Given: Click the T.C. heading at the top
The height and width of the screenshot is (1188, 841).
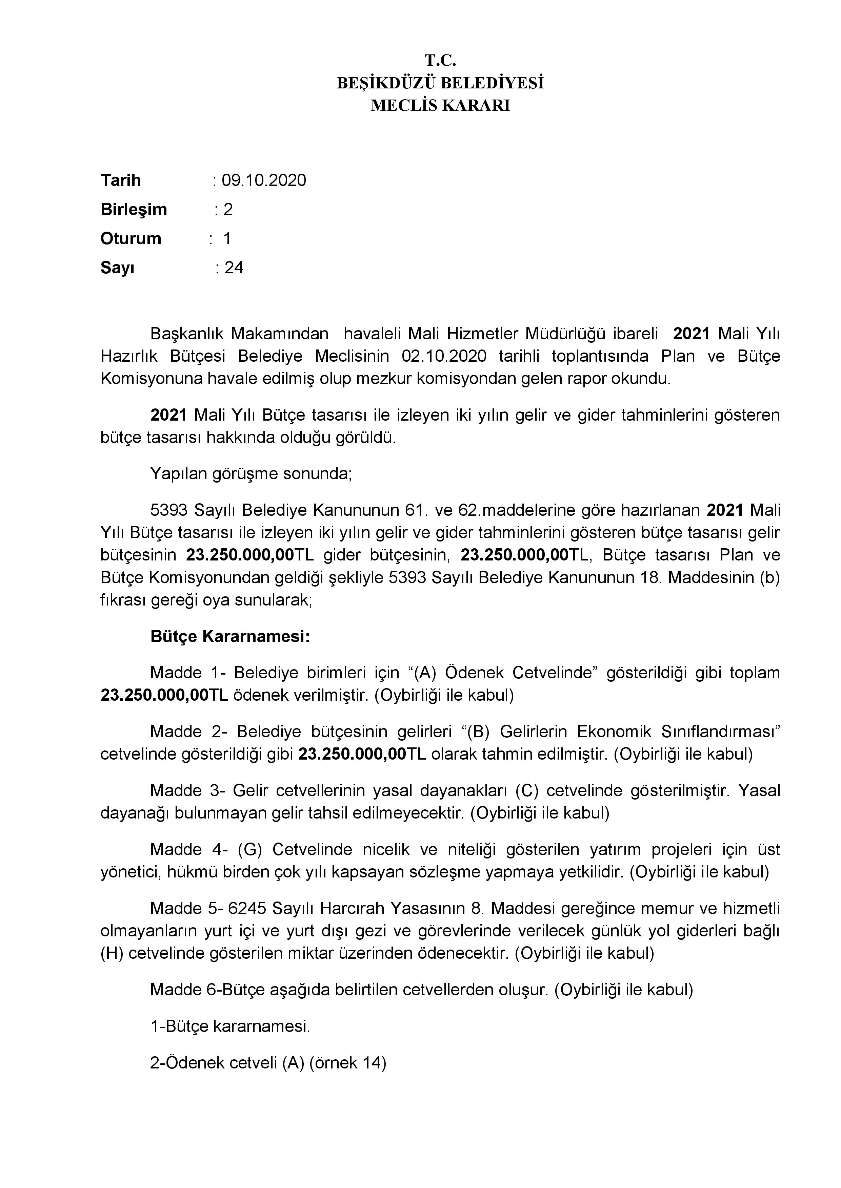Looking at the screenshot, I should (440, 61).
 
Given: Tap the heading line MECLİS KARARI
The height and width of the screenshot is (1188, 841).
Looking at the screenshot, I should (440, 106).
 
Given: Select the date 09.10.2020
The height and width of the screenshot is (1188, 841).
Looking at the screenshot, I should (264, 181).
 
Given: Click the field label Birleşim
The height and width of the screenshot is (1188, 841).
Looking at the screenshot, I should (134, 210).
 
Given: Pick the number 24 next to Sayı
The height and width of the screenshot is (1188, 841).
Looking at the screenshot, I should (234, 268).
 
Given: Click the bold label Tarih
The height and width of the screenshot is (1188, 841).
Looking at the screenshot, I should (121, 181).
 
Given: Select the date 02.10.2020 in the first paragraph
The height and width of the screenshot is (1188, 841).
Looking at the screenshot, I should (444, 357).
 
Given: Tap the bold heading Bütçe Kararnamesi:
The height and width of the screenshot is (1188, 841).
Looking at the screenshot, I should (230, 636).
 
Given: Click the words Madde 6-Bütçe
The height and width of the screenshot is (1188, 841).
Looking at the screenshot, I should (208, 990).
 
